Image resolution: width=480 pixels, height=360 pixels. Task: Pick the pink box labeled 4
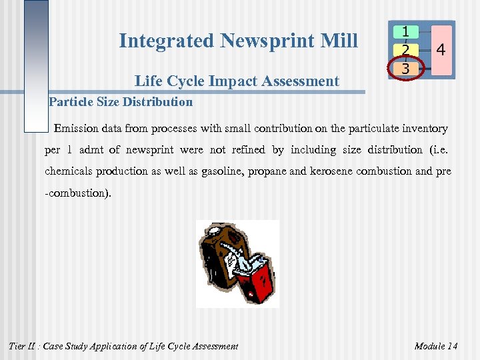[x=441, y=50]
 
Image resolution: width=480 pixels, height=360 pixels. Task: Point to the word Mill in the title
[x=341, y=41]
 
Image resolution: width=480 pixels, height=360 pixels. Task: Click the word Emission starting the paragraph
[x=79, y=128]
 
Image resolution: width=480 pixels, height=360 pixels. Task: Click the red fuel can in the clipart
[x=256, y=280]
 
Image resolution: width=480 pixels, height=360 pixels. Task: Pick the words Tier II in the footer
[x=21, y=345]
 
